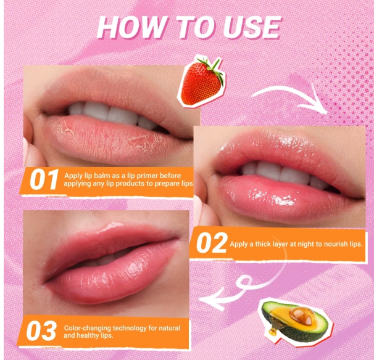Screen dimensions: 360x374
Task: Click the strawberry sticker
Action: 201,80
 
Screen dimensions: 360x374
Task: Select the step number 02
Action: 211,243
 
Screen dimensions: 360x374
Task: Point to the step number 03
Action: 41,332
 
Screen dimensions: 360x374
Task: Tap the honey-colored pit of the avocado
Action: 299,312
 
